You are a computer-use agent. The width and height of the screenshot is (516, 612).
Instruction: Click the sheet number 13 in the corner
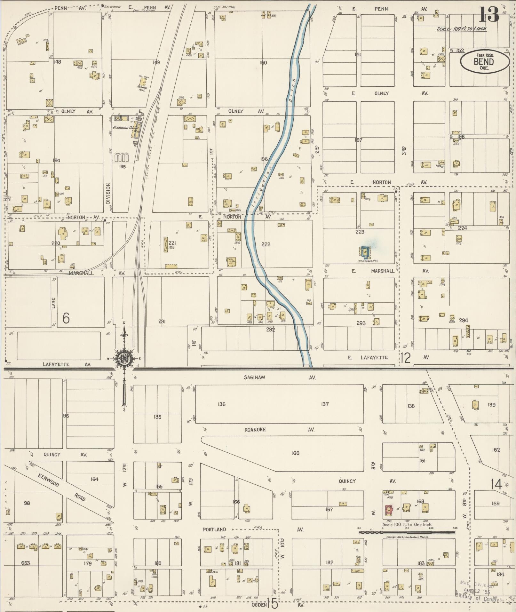point(488,15)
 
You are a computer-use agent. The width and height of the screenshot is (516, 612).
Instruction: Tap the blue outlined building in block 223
point(365,252)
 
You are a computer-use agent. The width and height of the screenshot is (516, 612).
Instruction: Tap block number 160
point(295,453)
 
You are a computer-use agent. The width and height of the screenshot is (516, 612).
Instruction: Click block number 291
point(162,322)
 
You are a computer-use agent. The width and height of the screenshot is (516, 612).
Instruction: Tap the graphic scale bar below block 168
point(407,533)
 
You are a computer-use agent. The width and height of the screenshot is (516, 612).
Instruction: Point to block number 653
point(25,563)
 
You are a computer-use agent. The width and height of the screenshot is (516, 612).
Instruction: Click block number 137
point(325,404)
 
